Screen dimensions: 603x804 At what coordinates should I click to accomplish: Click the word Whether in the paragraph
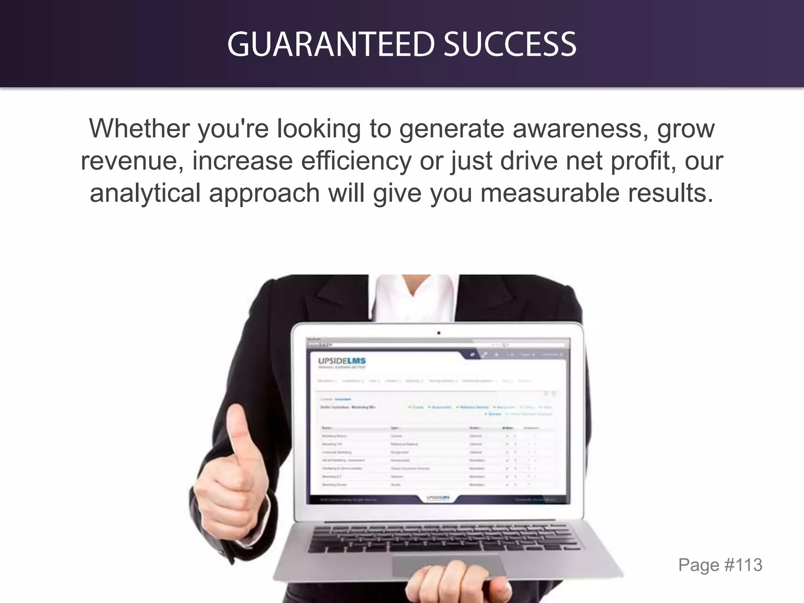pos(139,128)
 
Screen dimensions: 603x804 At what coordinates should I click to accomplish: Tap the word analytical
pos(146,193)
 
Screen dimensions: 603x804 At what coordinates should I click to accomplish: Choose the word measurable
pos(550,193)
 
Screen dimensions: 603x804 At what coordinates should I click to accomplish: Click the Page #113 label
pos(720,565)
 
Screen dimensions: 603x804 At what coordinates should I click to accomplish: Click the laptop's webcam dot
pos(439,333)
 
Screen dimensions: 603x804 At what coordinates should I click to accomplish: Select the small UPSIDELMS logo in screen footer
pos(438,498)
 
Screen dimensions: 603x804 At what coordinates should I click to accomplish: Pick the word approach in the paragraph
pos(264,193)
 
